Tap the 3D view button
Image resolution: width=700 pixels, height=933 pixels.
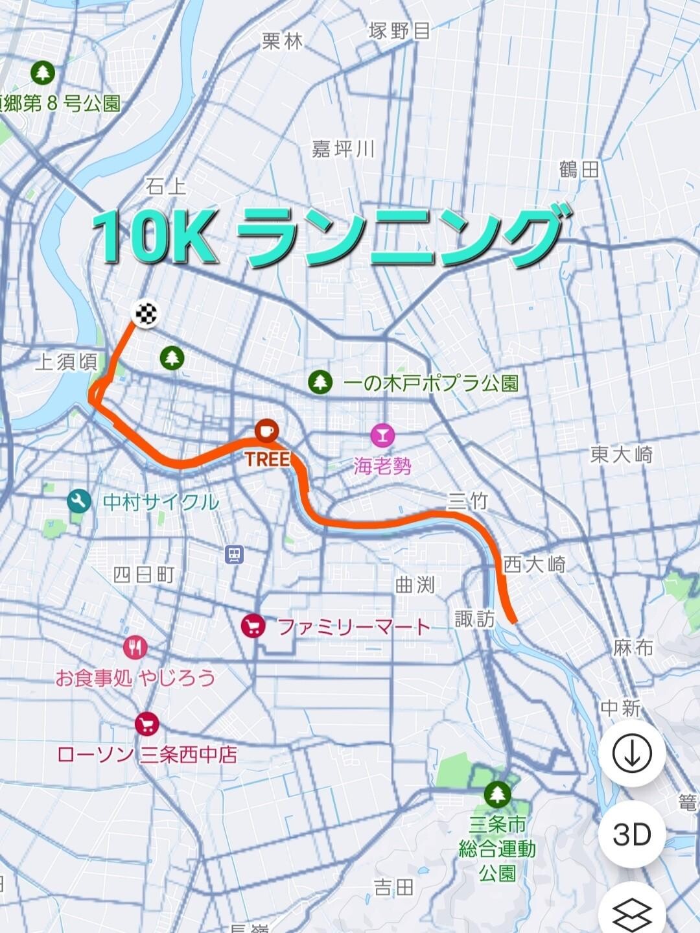click(x=631, y=834)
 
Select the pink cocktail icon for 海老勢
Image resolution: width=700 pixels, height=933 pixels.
click(x=382, y=435)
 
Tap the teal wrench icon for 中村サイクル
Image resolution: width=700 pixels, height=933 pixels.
click(x=79, y=501)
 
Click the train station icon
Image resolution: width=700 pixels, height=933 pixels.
click(x=234, y=554)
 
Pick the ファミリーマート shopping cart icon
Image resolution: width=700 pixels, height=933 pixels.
click(x=253, y=626)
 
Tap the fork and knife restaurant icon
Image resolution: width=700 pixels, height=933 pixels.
click(x=135, y=647)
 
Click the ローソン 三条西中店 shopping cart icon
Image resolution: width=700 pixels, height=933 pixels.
click(x=147, y=724)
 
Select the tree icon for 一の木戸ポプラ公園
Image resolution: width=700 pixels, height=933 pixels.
click(x=320, y=382)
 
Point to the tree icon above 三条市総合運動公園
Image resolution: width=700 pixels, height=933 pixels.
click(x=497, y=793)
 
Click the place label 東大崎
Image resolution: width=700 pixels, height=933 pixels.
click(x=621, y=455)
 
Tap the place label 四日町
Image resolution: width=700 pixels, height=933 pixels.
click(x=144, y=574)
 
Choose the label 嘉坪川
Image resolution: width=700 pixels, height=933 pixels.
click(x=344, y=150)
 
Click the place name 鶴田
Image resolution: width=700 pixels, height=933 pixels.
click(x=579, y=171)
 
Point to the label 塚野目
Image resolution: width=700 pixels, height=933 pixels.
click(x=399, y=31)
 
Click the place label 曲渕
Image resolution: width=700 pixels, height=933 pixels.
click(x=415, y=585)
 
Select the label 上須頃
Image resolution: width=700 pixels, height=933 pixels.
click(x=66, y=362)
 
